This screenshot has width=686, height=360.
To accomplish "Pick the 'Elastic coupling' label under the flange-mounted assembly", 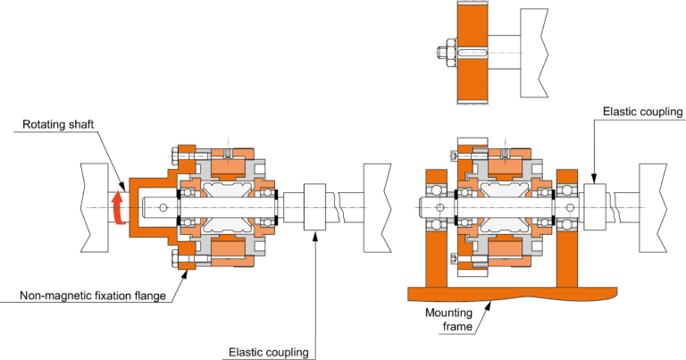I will (268, 351).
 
